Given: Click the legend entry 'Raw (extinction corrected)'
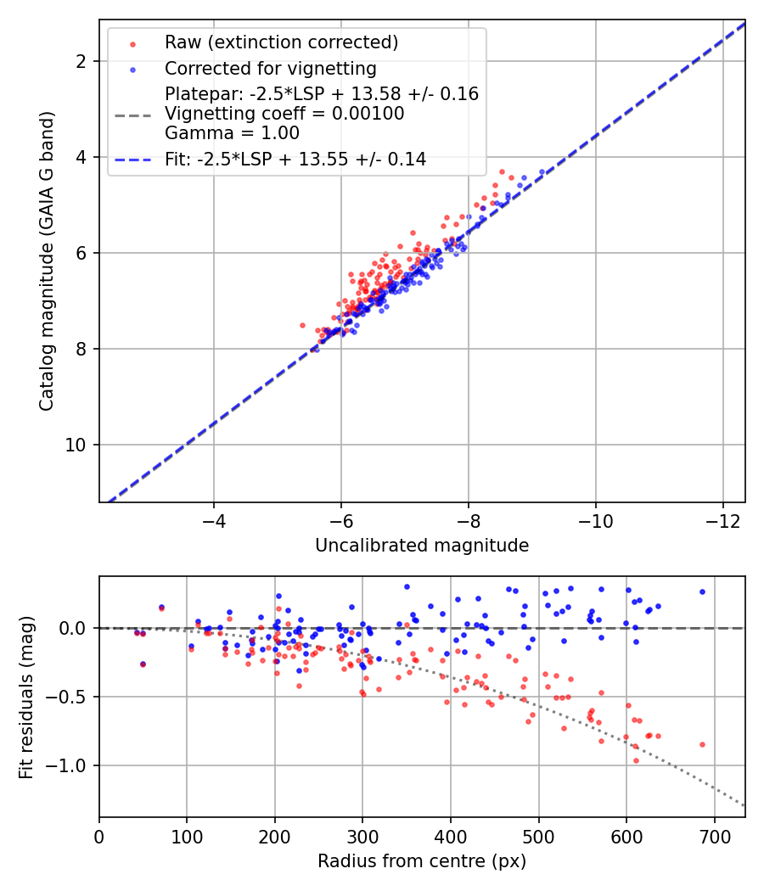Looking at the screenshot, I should (281, 42).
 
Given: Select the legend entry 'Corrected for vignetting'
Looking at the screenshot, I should (271, 68).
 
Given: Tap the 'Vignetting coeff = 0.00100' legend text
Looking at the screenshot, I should (284, 113).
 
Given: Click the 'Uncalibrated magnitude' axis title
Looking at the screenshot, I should (422, 546).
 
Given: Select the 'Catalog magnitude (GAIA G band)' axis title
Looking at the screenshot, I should (48, 261).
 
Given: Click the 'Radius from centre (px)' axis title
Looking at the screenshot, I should (422, 861).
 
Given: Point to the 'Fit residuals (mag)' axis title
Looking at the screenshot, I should (26, 698).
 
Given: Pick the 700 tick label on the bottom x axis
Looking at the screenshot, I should (714, 837).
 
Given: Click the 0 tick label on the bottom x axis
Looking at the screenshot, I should (99, 837).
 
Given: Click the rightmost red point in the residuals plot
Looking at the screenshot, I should (702, 744).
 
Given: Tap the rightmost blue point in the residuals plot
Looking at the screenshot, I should (702, 591).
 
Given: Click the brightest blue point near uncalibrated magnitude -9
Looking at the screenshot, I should (542, 172).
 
